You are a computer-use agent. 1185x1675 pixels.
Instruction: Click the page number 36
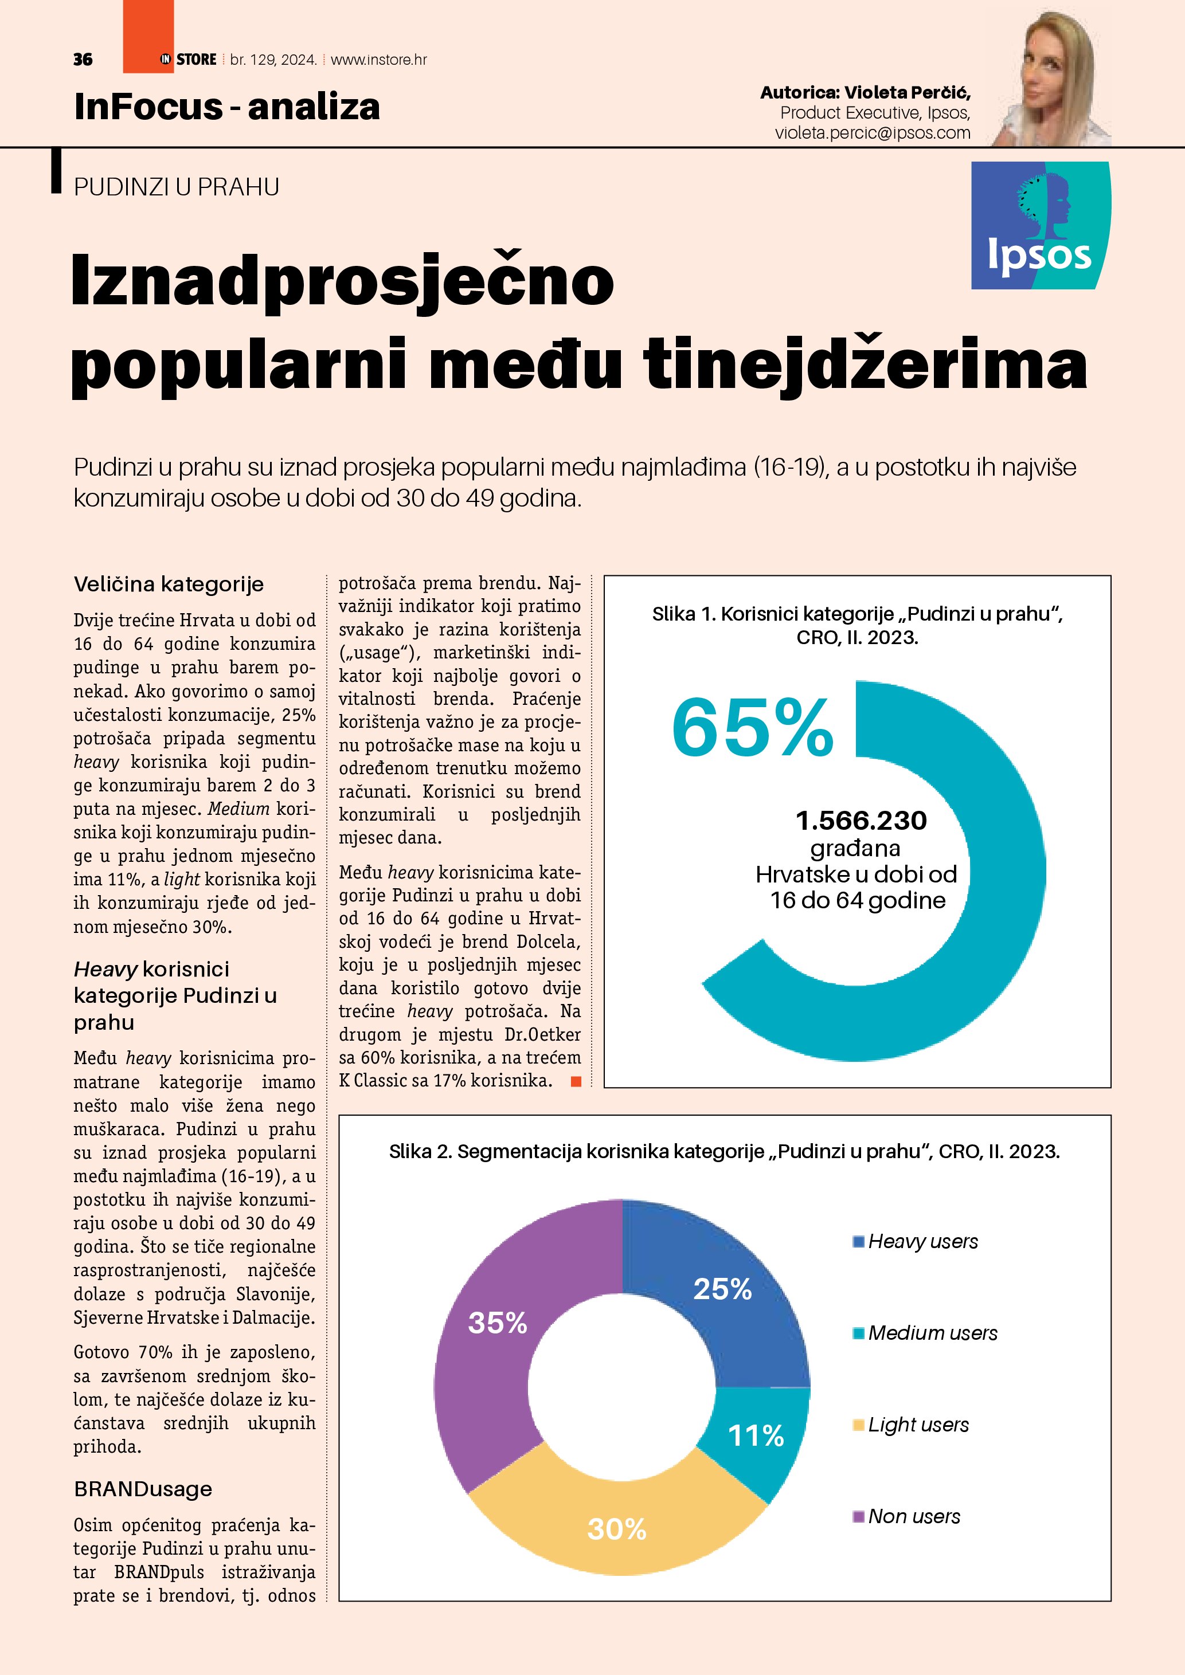pos(83,60)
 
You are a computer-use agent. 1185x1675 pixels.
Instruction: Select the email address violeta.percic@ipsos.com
pos(872,133)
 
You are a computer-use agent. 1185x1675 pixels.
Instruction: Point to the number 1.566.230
pos(861,821)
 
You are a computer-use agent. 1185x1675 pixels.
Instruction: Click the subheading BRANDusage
pos(143,1489)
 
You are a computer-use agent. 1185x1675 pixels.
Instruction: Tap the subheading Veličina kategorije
pos(169,585)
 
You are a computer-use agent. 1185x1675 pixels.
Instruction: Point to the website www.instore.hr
pos(379,60)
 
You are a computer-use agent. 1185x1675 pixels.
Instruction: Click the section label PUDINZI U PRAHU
pos(177,187)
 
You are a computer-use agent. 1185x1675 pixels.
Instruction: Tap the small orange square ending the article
pos(576,1081)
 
